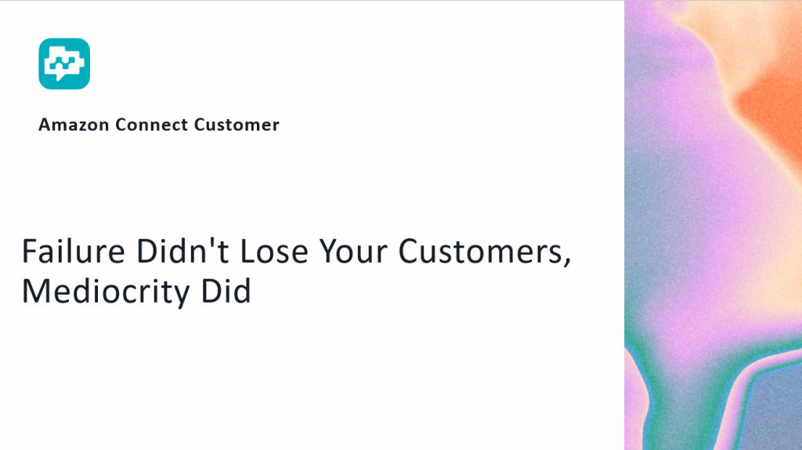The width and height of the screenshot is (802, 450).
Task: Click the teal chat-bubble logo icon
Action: pos(64,64)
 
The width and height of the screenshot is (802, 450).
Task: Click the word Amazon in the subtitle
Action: pos(74,125)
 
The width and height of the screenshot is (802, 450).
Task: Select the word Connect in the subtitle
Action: pos(151,125)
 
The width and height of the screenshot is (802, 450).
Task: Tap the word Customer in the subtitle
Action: pos(237,125)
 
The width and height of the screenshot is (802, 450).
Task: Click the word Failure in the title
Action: pos(73,252)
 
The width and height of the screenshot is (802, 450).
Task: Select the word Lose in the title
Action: pos(274,252)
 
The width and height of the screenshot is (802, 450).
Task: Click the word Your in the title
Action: pos(353,252)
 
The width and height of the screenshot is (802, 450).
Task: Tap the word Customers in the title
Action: pos(481,252)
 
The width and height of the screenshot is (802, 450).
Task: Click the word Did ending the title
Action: pos(226,291)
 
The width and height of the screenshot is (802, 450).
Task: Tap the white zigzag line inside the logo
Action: pos(64,64)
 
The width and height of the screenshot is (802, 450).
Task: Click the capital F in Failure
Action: pos(30,252)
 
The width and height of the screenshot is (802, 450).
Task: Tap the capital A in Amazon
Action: pos(45,125)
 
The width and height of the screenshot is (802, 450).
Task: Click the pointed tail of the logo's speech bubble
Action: pos(61,78)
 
